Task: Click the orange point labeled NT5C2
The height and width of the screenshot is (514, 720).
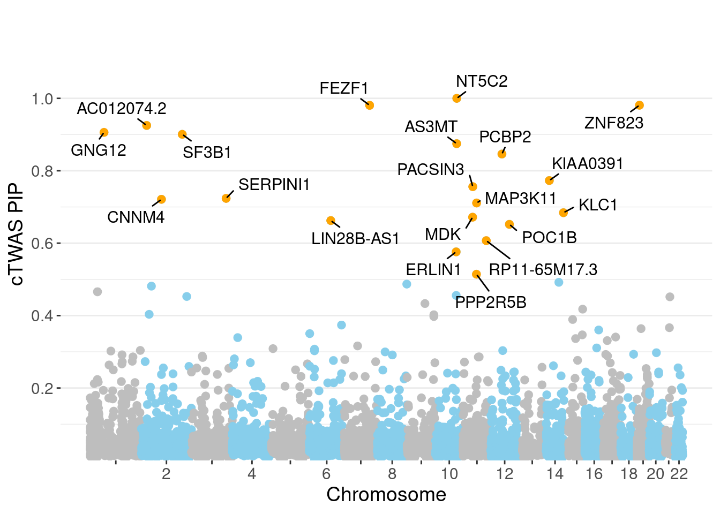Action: [x=456, y=98]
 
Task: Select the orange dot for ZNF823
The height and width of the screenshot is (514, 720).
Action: [x=639, y=105]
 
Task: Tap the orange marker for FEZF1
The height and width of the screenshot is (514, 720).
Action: [x=369, y=105]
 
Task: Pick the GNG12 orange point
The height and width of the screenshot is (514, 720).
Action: [x=104, y=132]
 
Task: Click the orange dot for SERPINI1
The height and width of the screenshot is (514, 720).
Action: [x=226, y=198]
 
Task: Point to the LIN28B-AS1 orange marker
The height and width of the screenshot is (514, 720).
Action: [x=331, y=221]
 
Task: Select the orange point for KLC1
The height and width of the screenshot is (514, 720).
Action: [x=563, y=213]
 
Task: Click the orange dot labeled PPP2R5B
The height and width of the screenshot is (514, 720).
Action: [x=476, y=274]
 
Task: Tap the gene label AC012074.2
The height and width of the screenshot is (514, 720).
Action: [x=122, y=109]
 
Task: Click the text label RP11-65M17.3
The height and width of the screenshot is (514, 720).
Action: [x=543, y=269]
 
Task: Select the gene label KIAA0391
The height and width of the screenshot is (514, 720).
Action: [x=588, y=164]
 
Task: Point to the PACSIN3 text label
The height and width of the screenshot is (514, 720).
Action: [x=431, y=170]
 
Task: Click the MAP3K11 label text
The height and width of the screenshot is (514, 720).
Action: [x=521, y=199]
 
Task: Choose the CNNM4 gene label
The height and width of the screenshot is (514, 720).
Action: [x=136, y=217]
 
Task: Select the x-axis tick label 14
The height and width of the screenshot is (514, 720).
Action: [x=555, y=474]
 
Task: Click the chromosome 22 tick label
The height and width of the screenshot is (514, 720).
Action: [x=679, y=474]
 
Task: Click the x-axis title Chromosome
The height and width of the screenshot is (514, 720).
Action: [x=386, y=495]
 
